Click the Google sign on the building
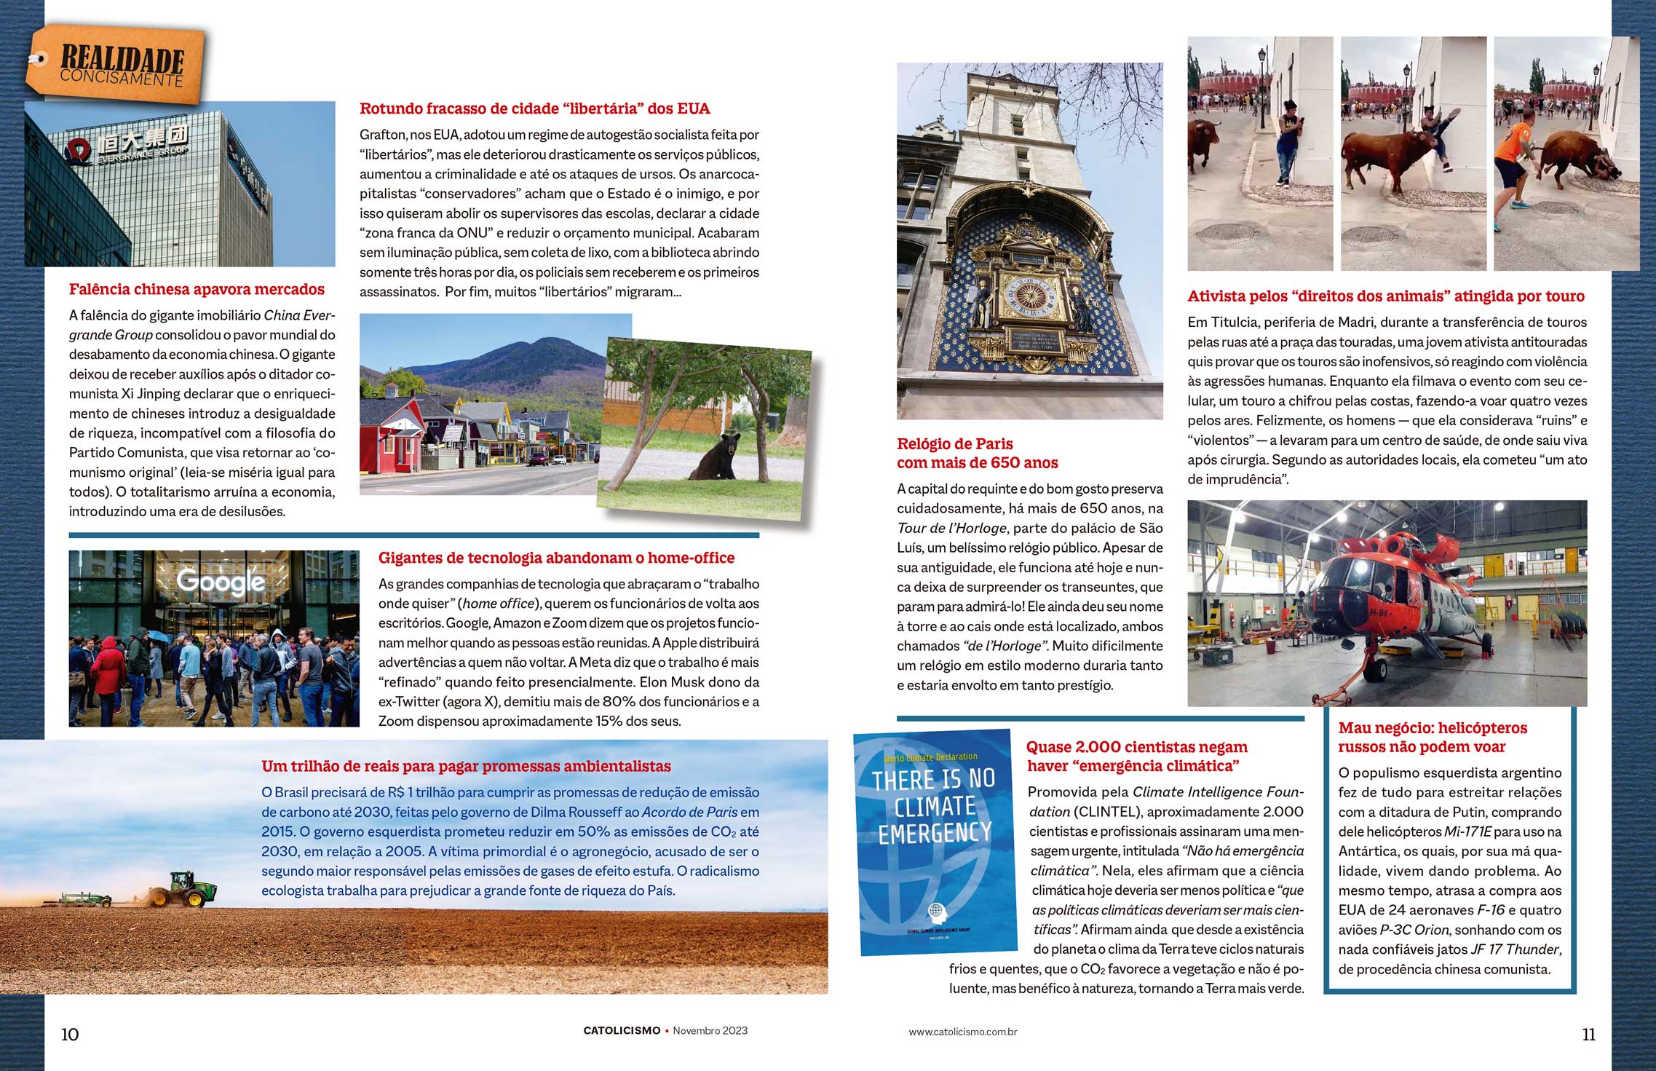[221, 582]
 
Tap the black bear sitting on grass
[716, 458]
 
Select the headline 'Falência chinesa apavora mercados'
[197, 289]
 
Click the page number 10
[70, 1034]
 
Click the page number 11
[1588, 1034]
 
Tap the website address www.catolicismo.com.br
[962, 1032]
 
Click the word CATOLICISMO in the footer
[622, 1031]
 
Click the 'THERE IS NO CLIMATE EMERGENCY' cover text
[934, 807]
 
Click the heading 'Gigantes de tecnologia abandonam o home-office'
[556, 558]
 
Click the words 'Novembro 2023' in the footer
[710, 1031]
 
